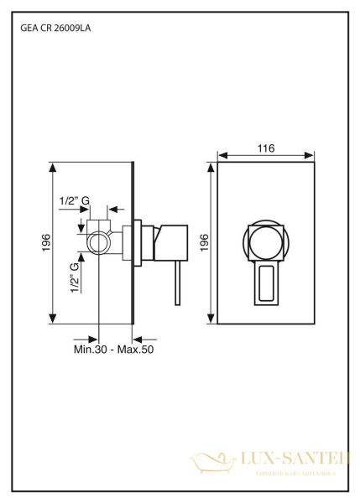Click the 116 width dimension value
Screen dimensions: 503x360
click(266, 148)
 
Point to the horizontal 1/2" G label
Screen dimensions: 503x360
click(75, 200)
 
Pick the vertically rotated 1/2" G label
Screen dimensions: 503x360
click(75, 277)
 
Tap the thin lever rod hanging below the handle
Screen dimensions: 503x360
click(175, 285)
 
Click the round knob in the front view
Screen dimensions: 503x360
click(266, 243)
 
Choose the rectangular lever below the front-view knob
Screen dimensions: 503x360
click(266, 283)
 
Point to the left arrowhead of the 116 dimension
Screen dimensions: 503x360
click(222, 156)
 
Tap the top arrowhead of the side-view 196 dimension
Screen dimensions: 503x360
click(54, 165)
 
